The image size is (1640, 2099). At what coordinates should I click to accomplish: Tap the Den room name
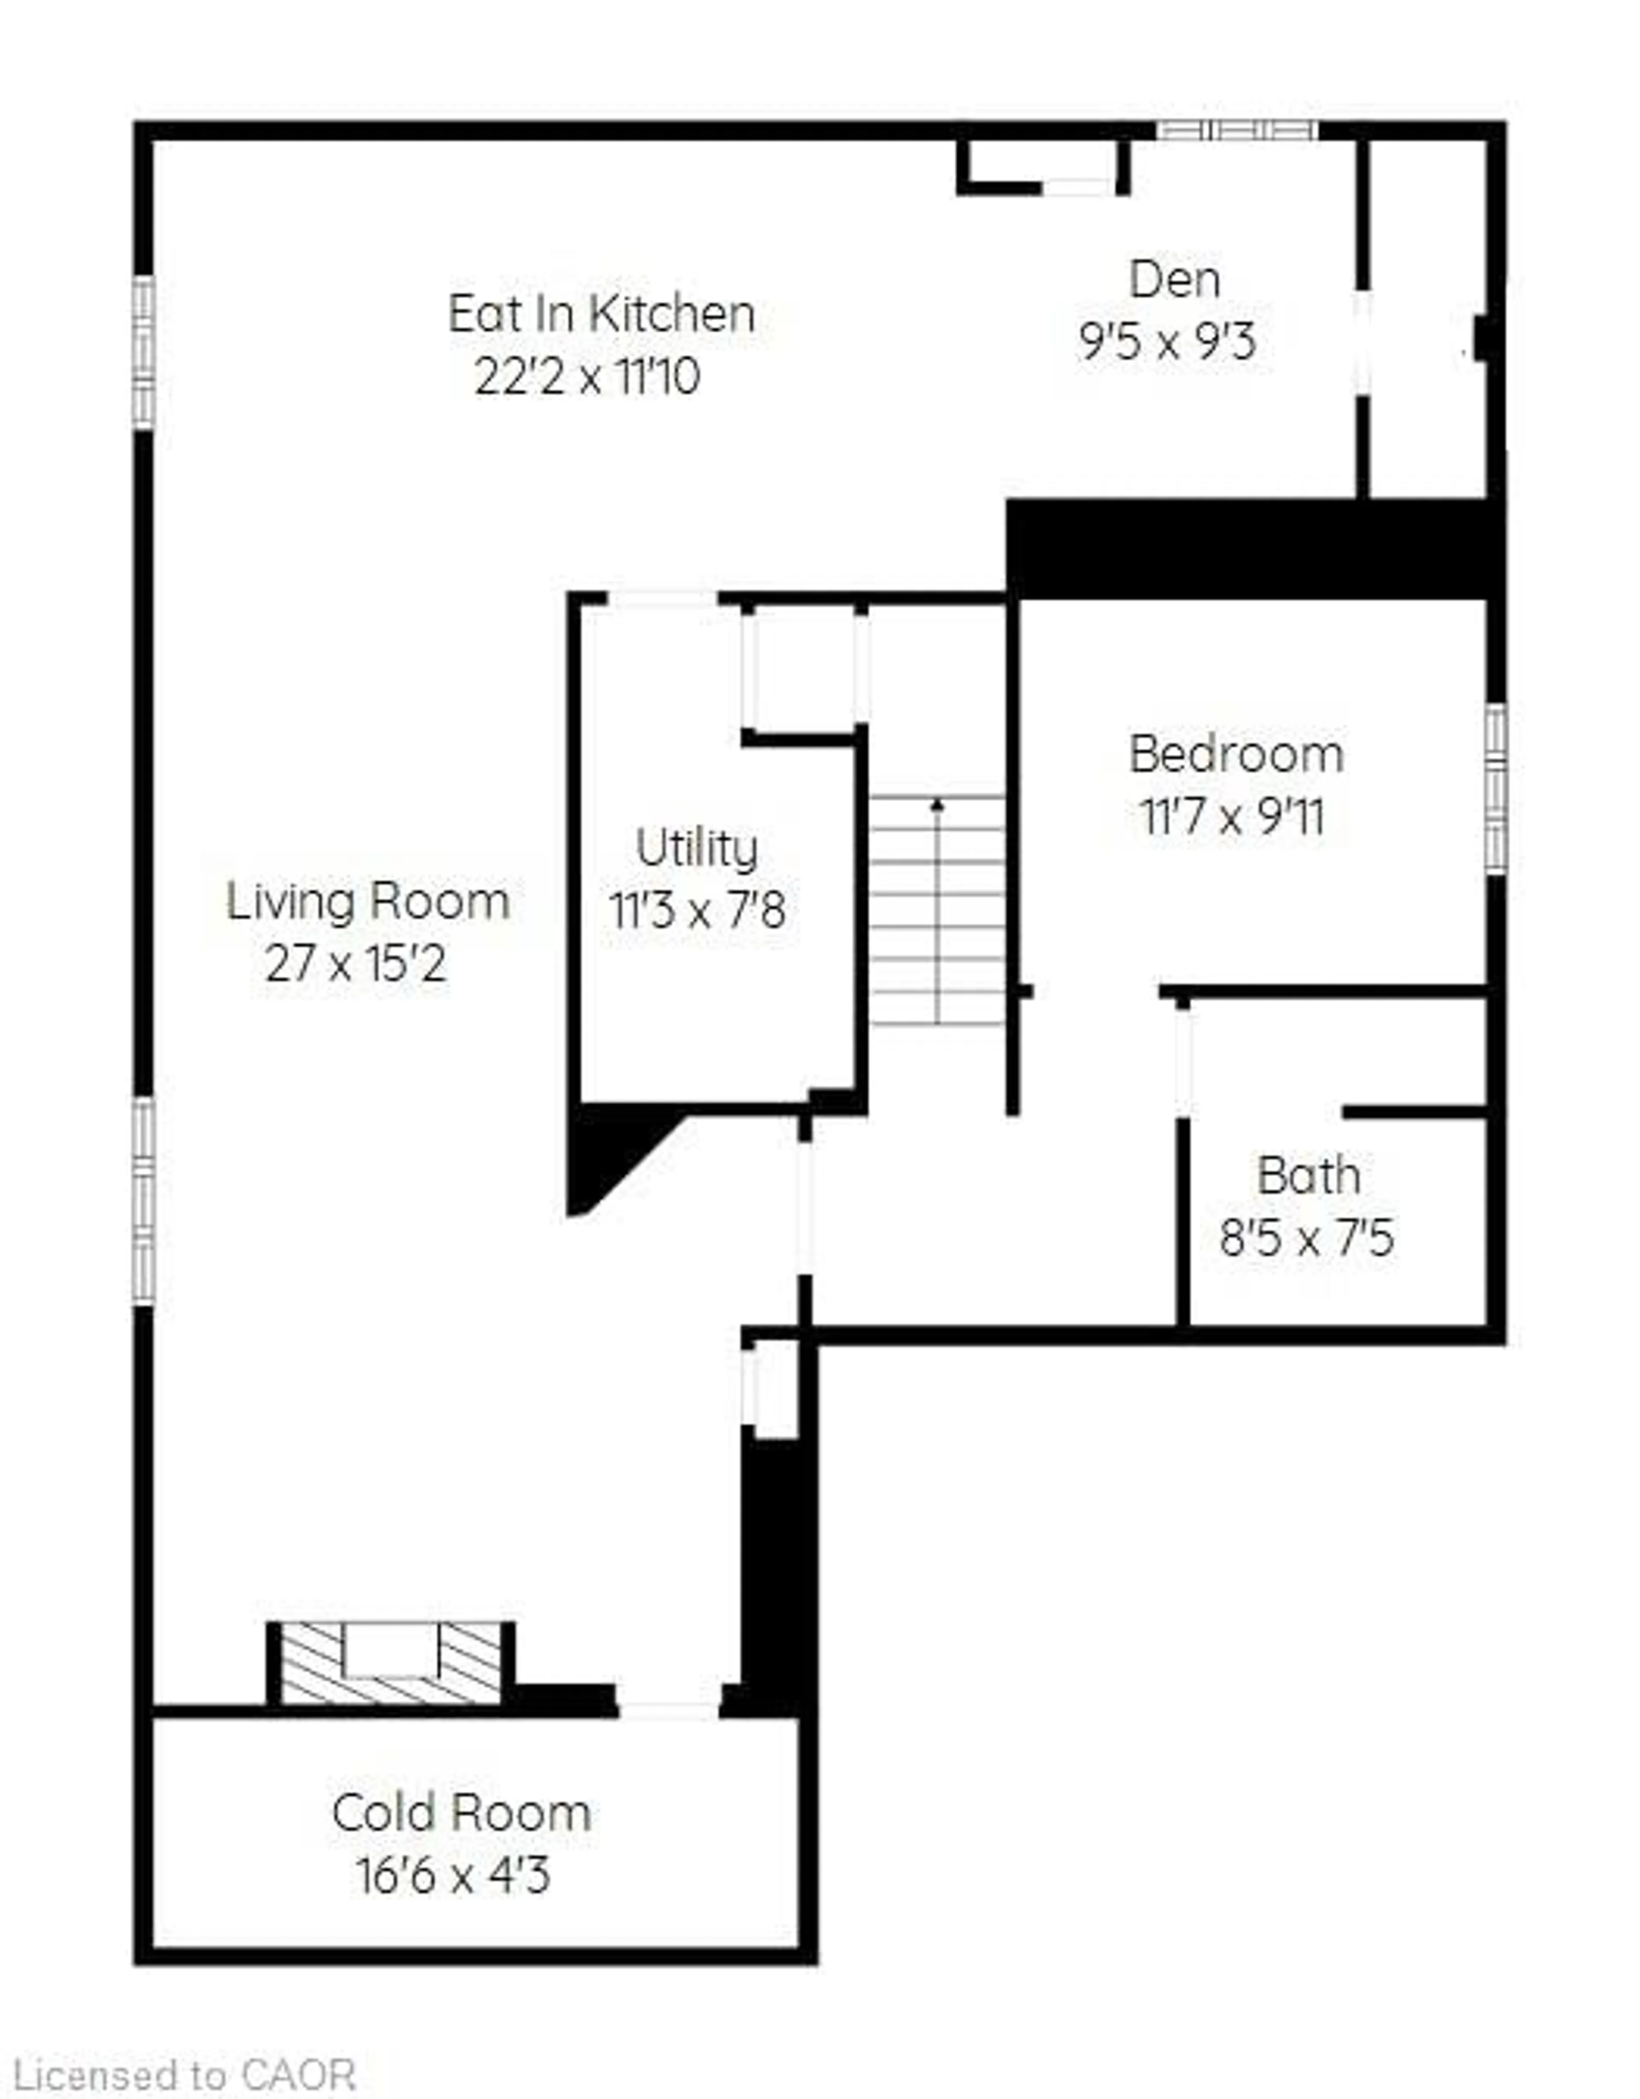1175,280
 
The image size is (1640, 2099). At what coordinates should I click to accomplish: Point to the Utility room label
697,848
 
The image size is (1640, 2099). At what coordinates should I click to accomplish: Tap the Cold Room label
461,1812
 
